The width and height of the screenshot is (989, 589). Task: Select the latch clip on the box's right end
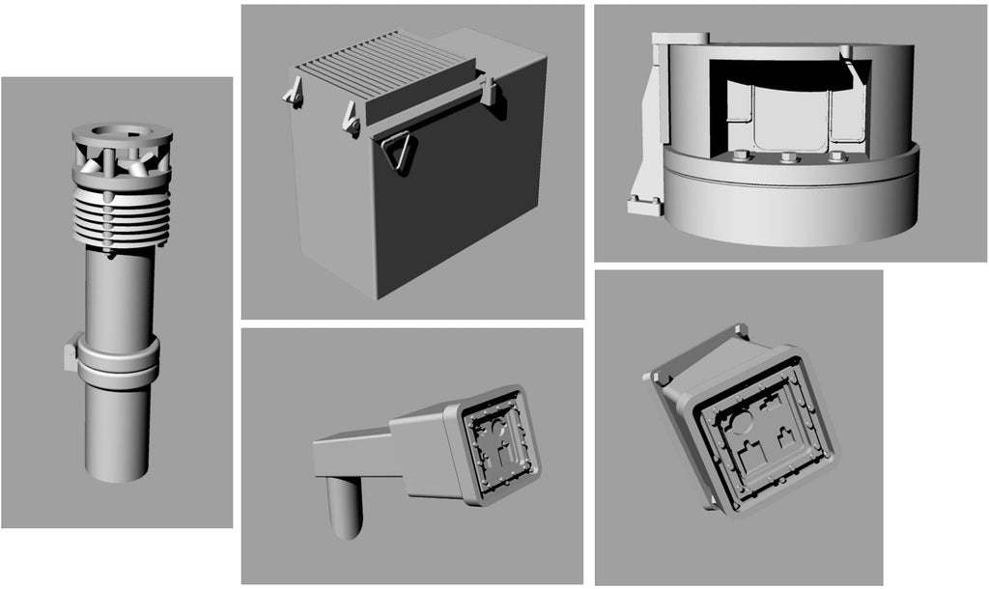click(x=490, y=93)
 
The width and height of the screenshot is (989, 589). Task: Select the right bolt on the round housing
click(x=835, y=156)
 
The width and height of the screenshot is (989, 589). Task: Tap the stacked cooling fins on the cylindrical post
click(x=122, y=217)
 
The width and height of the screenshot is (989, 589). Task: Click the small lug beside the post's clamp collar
click(x=71, y=354)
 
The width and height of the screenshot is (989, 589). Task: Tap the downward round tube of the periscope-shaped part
click(x=345, y=507)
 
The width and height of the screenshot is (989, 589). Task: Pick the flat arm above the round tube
click(x=353, y=454)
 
